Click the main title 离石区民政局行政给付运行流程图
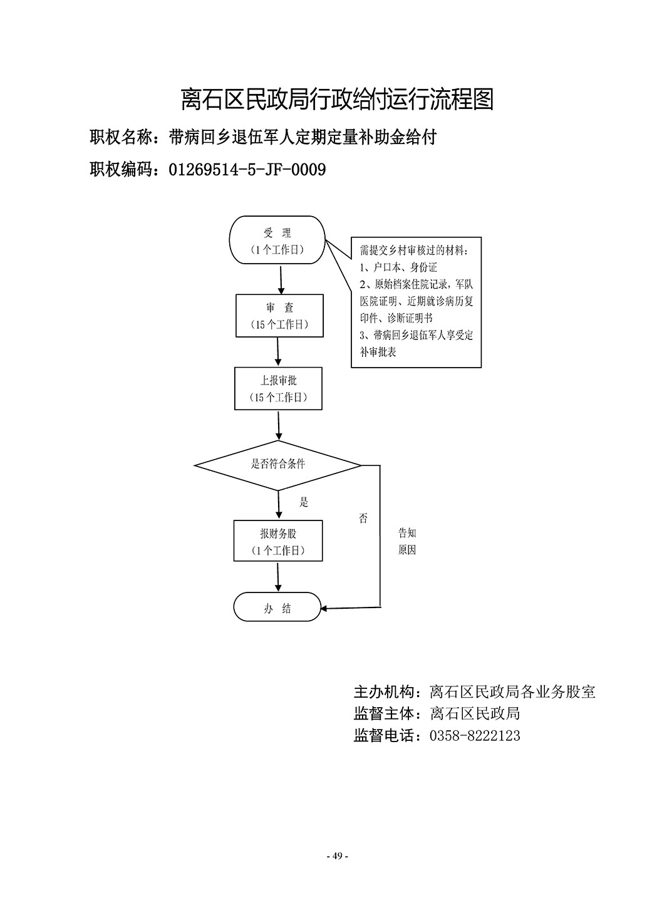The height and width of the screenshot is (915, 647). coord(338,100)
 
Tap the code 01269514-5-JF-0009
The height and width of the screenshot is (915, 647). coord(247,170)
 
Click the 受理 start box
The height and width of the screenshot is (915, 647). coord(277,240)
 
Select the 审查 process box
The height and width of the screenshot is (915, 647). coord(280,316)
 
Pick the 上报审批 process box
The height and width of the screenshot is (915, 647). coord(278,388)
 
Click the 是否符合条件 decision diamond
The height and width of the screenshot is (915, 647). coord(277,465)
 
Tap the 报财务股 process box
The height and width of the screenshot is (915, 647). coord(278,541)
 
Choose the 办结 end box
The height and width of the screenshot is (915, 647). coord(277,607)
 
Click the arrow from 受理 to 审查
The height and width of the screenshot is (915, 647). coord(281,280)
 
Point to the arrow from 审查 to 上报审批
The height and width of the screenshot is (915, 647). coord(278,352)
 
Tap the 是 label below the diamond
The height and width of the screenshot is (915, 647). coord(304,502)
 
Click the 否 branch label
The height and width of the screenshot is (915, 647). coord(363,519)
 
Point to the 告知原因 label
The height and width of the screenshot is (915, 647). coord(407,541)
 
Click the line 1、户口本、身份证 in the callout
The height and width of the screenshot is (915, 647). coord(398,267)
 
